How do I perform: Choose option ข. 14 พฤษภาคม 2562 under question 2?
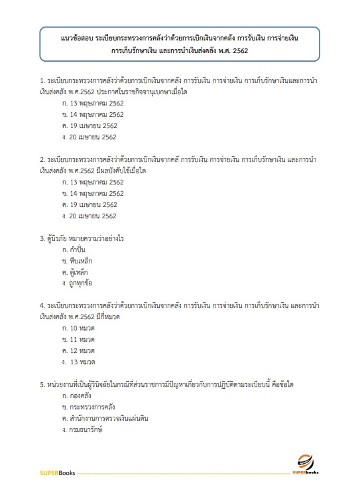pos(92,193)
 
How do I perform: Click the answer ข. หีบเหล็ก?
pos(77,261)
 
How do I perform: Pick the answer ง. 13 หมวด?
pos(79,362)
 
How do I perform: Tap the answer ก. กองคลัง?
pos(77,395)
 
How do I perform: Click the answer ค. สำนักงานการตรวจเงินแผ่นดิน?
pos(105,418)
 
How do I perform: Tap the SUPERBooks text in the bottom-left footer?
pos(56,473)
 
